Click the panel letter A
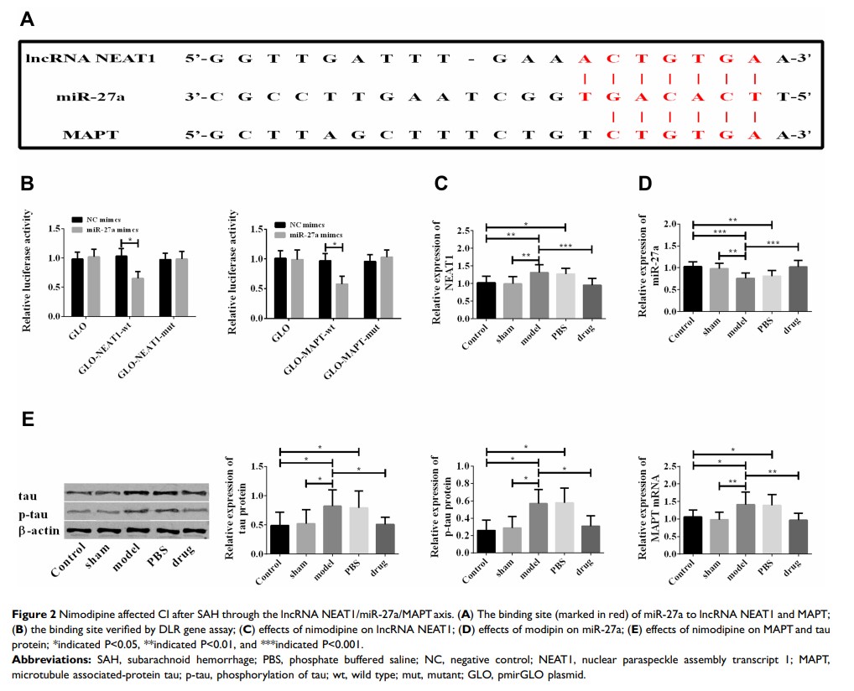click(x=27, y=19)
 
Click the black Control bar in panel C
click(x=487, y=302)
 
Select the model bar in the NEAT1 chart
click(x=539, y=297)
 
